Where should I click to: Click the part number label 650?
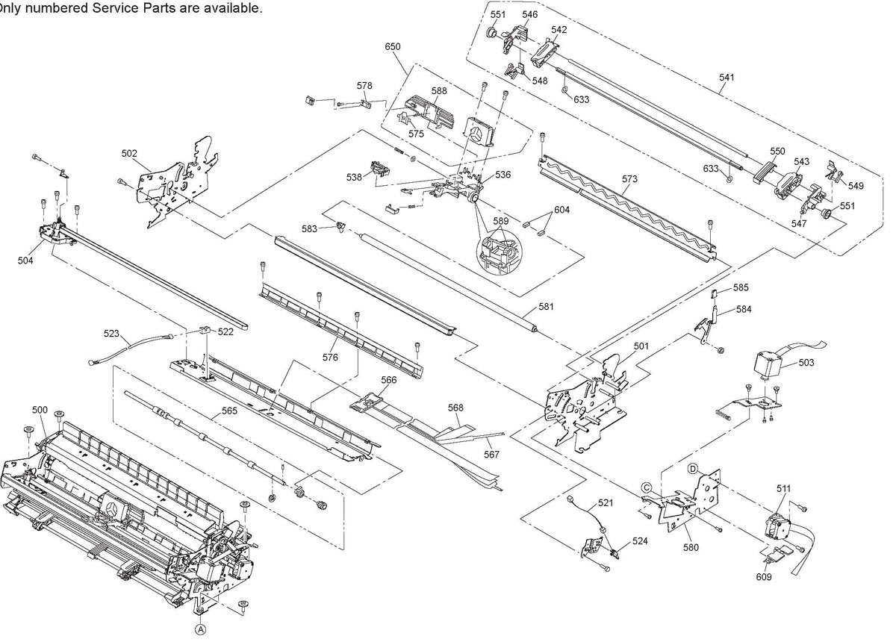(x=393, y=47)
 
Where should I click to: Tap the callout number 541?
(x=727, y=78)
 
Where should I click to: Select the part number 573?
(x=629, y=179)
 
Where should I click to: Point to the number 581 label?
(x=546, y=307)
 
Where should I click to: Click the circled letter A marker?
(x=201, y=630)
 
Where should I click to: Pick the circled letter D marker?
(x=693, y=469)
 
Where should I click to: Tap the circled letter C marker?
(x=647, y=487)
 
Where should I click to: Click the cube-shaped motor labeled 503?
(x=768, y=363)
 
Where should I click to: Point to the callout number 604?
(x=561, y=210)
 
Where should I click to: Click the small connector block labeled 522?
(x=205, y=331)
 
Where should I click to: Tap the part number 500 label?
(x=40, y=410)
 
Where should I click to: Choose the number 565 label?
(x=229, y=411)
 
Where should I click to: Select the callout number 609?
(x=764, y=577)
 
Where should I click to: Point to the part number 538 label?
(x=354, y=177)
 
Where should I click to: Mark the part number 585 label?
(x=741, y=287)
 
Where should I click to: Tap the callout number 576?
(x=330, y=357)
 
